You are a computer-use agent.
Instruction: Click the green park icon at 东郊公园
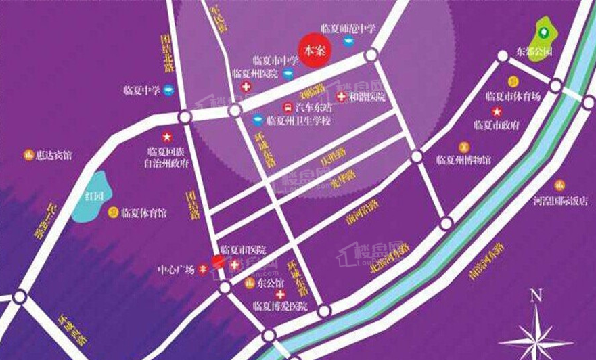click(543, 30)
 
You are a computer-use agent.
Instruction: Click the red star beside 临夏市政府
click(497, 112)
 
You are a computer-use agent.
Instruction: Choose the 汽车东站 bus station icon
click(287, 107)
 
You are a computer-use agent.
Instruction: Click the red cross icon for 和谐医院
click(341, 97)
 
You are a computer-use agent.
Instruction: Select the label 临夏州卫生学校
click(298, 121)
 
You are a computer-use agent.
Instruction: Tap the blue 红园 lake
click(89, 197)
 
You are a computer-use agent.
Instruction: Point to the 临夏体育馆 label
click(144, 212)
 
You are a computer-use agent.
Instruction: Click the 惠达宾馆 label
click(53, 155)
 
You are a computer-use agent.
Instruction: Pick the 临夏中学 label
click(141, 89)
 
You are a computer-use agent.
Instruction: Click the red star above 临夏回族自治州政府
click(167, 137)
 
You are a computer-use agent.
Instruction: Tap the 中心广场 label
click(176, 267)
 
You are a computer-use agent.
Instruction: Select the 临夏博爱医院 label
click(279, 307)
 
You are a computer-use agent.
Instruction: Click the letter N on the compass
click(536, 295)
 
